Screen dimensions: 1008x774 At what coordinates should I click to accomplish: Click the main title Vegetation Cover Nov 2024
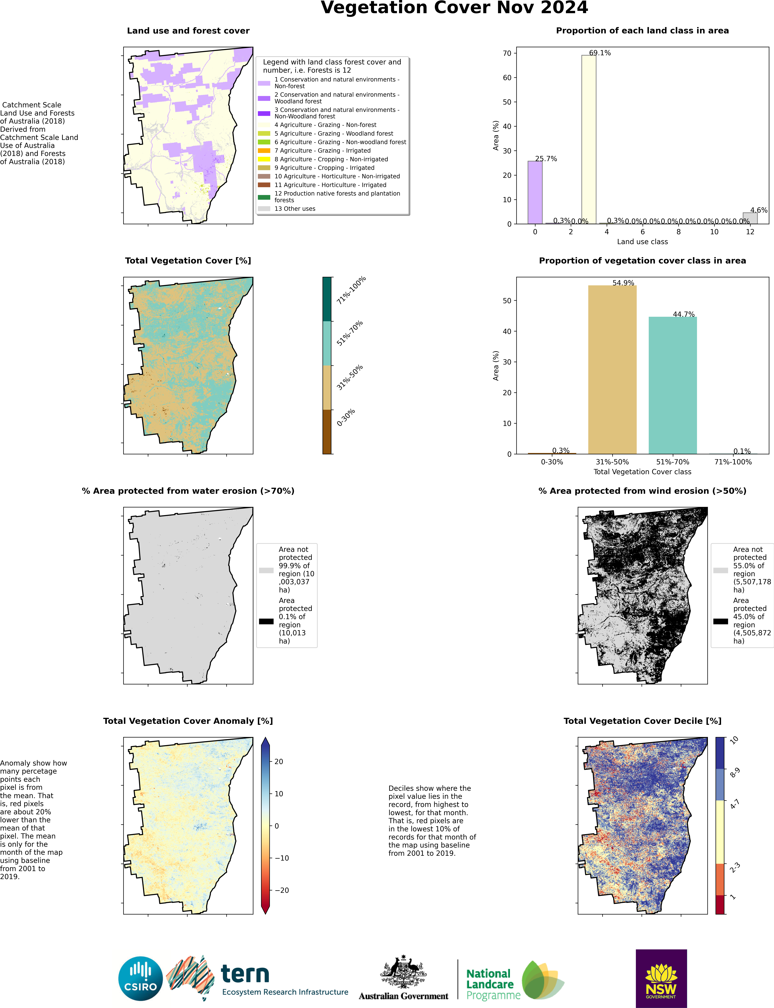click(x=454, y=8)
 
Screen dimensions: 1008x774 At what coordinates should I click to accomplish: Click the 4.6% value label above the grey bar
click(x=758, y=210)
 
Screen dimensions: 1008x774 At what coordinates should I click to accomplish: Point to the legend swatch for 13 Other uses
click(x=264, y=209)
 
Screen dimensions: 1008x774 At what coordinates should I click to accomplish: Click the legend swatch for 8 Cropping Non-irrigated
click(x=264, y=159)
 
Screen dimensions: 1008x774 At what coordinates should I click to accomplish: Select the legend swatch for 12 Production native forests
click(x=264, y=197)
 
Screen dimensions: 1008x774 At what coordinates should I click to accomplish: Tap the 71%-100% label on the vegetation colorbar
click(x=351, y=290)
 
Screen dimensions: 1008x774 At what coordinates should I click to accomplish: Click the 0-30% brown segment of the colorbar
click(x=327, y=431)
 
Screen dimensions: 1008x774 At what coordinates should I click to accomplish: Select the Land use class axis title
click(x=642, y=242)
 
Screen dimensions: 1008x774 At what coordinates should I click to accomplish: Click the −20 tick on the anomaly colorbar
click(x=282, y=890)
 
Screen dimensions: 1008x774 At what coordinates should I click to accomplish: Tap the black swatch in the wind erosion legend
click(x=721, y=621)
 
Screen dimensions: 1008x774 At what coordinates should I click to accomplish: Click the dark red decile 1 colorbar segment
click(x=721, y=904)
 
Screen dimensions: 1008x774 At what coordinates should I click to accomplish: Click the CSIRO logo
click(x=140, y=978)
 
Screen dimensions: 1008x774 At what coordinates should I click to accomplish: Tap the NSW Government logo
click(x=661, y=978)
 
